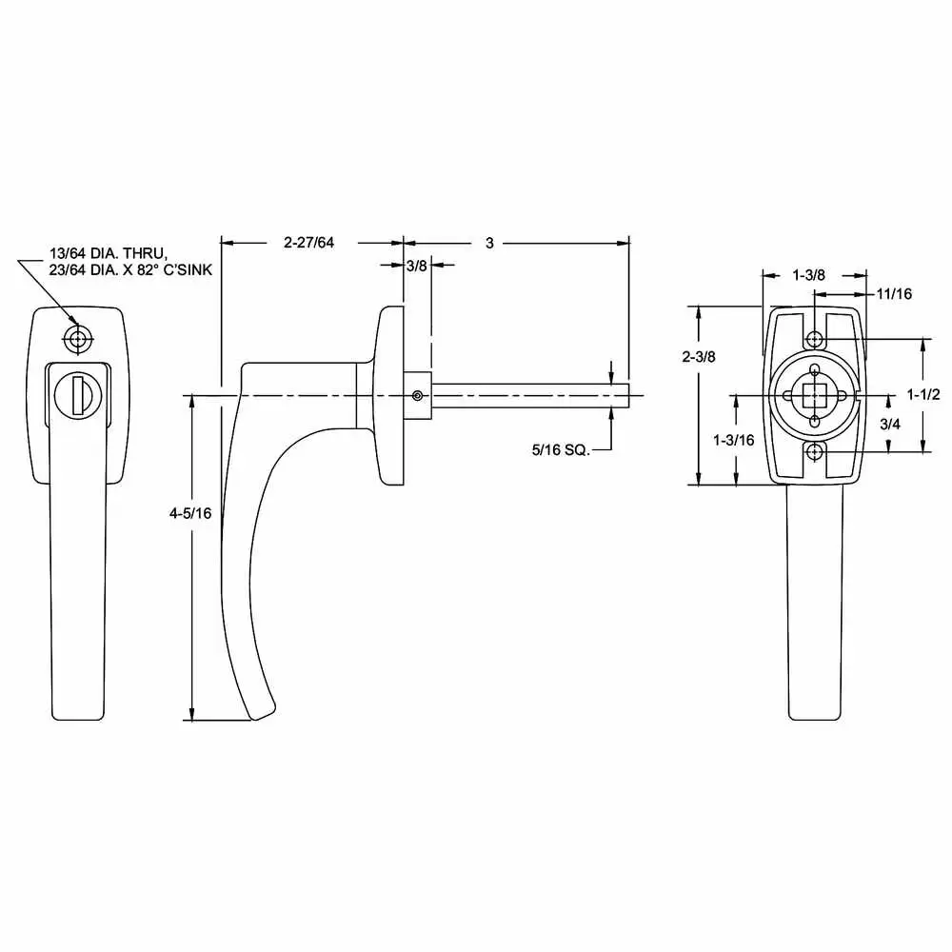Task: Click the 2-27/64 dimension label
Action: [x=309, y=243]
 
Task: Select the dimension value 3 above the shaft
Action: [x=489, y=243]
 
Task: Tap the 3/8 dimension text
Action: [x=416, y=267]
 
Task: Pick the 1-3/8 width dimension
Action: [x=808, y=275]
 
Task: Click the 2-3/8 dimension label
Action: [x=700, y=357]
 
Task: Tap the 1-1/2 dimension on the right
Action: [x=923, y=394]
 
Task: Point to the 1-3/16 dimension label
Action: [x=733, y=439]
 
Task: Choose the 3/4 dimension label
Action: [x=889, y=425]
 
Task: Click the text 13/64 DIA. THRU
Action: [x=109, y=254]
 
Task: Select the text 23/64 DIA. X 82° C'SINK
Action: [x=129, y=270]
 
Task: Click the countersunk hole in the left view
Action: [x=76, y=337]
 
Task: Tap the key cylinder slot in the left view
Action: [x=73, y=392]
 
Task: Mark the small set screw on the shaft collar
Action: [x=416, y=395]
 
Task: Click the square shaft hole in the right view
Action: [x=814, y=395]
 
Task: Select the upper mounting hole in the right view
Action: [x=814, y=340]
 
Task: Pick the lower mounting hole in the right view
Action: [x=814, y=452]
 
